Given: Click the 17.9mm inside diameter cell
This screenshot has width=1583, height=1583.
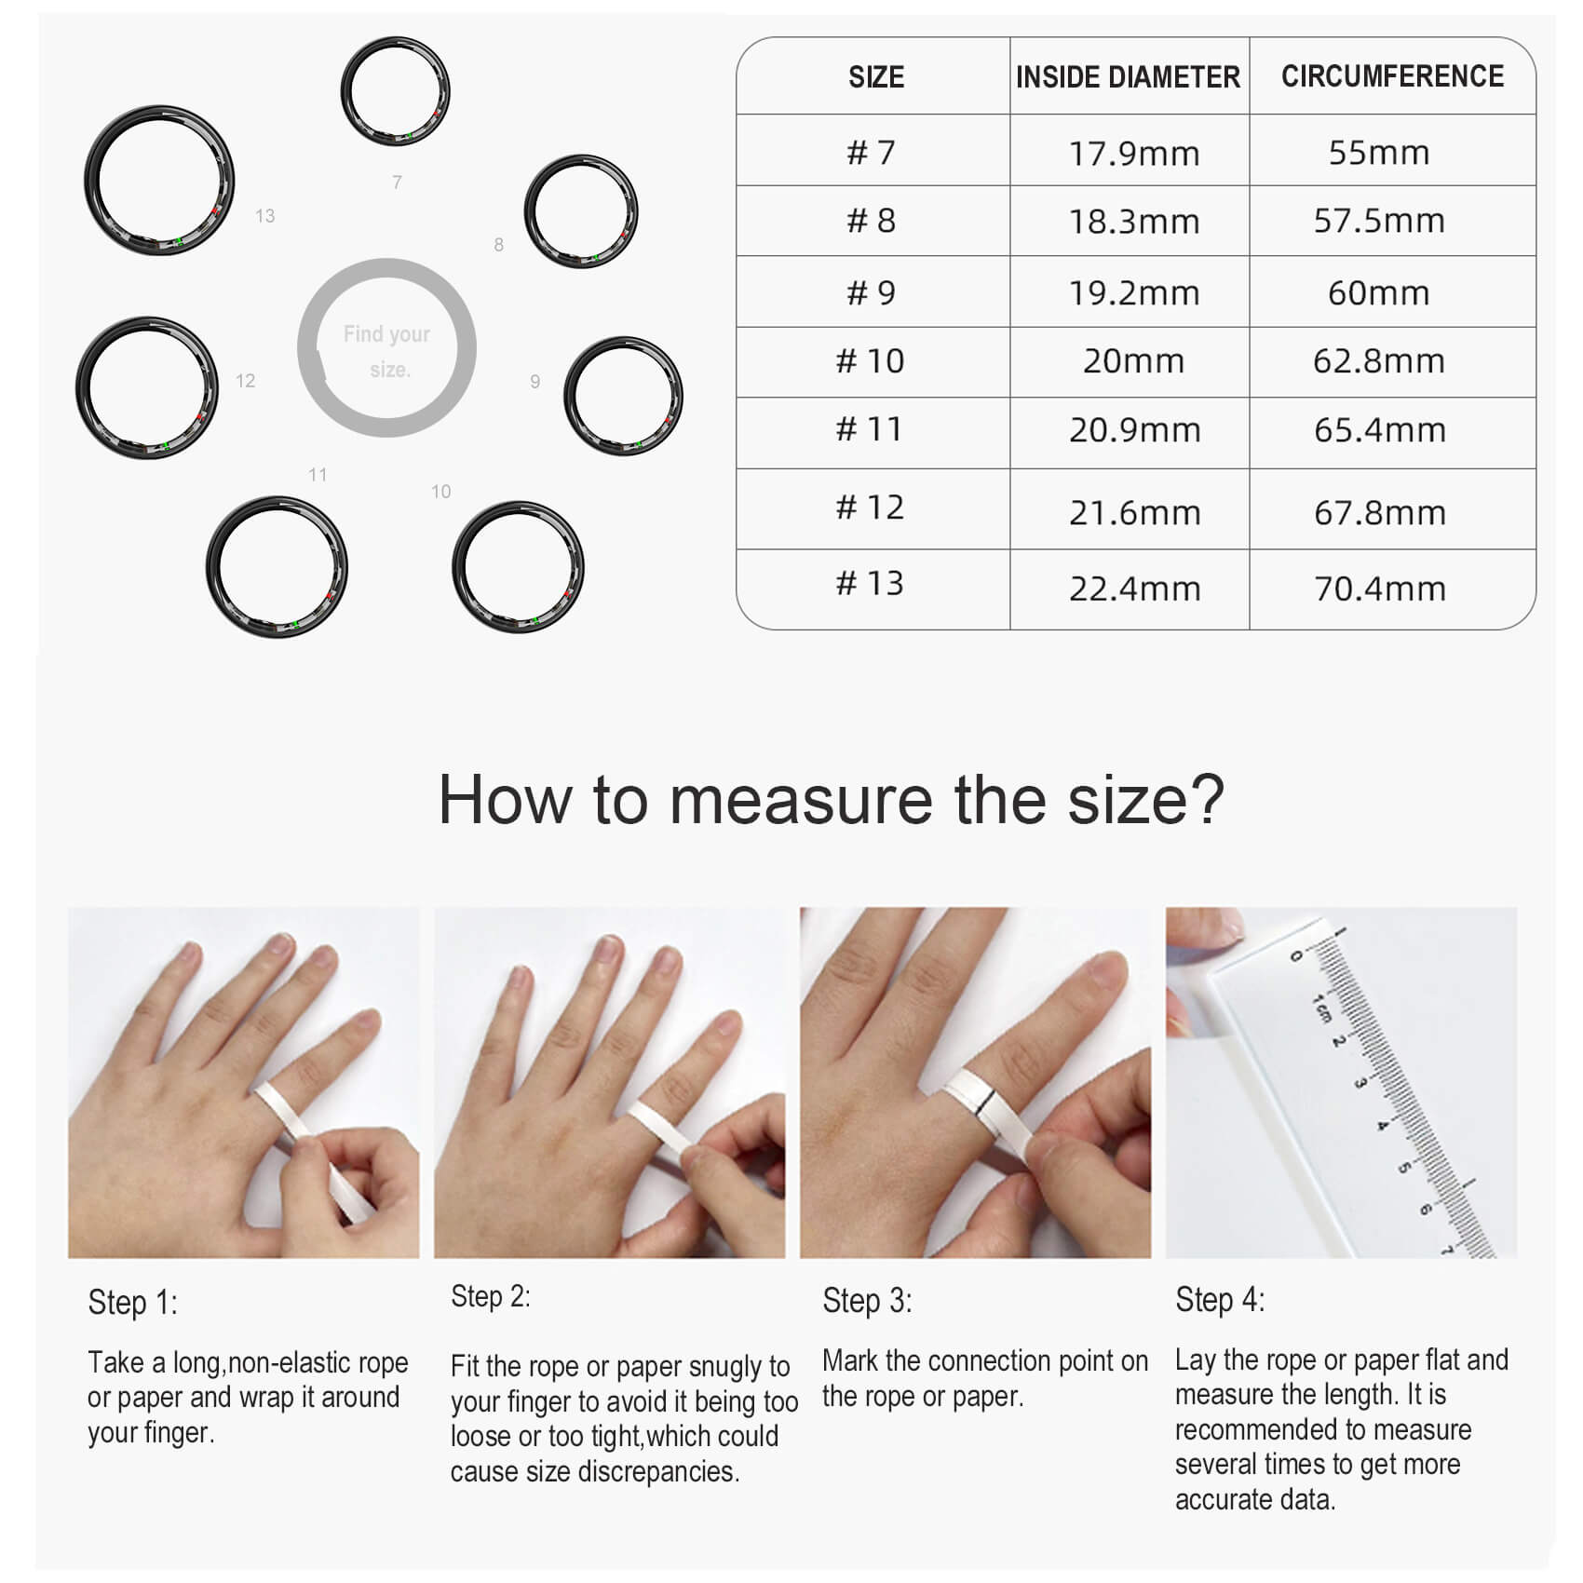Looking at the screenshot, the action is point(1133,153).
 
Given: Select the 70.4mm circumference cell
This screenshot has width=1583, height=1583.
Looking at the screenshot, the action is point(1379,589).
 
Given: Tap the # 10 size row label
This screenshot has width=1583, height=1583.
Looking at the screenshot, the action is point(870,361).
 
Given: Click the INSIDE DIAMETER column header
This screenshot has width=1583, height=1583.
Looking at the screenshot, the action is point(1128,76).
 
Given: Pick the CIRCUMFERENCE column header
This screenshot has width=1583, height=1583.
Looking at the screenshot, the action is point(1392,76).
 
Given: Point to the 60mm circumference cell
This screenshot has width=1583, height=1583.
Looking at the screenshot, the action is point(1378,293).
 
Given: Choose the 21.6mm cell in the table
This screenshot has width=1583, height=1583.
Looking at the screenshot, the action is point(1134,512).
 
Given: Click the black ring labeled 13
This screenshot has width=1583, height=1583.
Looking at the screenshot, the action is point(158,107).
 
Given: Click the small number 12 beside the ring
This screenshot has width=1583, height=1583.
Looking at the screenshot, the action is point(245,381).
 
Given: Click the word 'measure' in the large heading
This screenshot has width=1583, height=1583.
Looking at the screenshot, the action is point(801,799).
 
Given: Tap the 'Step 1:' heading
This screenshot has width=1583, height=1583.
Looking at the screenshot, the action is point(132,1302).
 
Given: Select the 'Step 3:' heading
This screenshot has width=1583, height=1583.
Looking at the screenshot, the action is point(867,1300).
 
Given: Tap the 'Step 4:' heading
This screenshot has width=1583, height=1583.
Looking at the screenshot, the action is point(1220,1300).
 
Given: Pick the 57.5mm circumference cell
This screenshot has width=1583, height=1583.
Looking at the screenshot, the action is point(1379,222).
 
